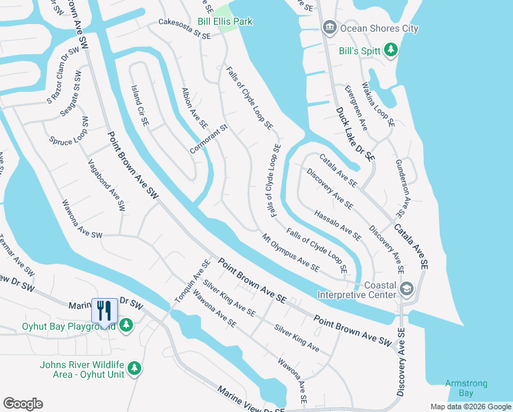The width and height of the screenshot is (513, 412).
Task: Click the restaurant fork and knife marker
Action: click(x=104, y=310)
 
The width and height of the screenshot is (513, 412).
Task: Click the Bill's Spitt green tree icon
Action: click(x=391, y=49)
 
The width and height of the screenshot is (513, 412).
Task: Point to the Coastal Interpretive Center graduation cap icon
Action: click(x=407, y=289)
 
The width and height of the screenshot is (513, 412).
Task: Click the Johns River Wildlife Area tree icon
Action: click(x=135, y=369)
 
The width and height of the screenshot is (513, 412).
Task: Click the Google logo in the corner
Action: click(x=23, y=404)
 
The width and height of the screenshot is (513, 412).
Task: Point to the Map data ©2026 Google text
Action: click(x=470, y=407)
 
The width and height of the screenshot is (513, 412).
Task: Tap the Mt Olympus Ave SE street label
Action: click(x=290, y=252)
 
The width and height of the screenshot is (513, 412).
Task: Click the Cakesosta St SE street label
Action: click(x=184, y=27)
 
